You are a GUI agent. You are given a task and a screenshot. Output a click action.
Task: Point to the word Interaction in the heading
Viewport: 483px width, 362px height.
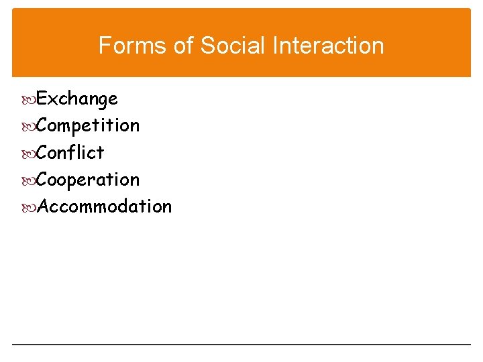coord(329,46)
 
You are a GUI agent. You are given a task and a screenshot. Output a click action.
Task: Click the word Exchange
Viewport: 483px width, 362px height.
coord(77,99)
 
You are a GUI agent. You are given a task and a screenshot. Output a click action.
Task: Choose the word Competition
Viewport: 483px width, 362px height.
coord(88,126)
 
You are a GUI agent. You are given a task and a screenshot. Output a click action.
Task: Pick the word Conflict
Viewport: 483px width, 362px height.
coord(70,153)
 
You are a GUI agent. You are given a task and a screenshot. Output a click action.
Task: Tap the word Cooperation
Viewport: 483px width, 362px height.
coord(88,180)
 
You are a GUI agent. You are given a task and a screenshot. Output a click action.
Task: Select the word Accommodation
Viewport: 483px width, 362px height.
coord(104,206)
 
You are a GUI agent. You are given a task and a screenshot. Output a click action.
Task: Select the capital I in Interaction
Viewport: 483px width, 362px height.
coord(276,46)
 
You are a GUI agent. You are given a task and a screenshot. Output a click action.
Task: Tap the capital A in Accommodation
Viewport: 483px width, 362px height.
coord(44,206)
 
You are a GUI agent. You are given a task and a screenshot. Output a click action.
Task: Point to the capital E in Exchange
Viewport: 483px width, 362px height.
coord(42,99)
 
